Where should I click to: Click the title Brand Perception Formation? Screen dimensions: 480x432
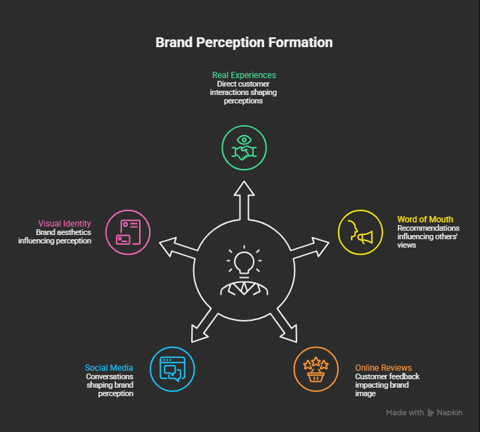(x=244, y=43)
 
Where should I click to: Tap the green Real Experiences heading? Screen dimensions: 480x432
(x=244, y=75)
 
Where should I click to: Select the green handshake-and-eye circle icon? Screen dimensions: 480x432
(x=244, y=148)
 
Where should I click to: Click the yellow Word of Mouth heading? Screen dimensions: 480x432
(x=425, y=220)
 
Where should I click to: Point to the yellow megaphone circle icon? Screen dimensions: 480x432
(x=361, y=232)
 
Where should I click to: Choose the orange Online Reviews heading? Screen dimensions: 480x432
(x=383, y=368)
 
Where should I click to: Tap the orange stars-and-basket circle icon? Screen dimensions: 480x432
(x=316, y=369)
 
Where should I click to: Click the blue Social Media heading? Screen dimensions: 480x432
(x=109, y=368)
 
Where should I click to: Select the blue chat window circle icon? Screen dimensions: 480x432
(x=172, y=369)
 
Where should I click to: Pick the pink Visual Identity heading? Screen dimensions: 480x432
(x=64, y=223)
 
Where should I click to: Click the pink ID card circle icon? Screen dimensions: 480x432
(x=128, y=232)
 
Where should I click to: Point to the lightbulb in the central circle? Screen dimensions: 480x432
(x=244, y=261)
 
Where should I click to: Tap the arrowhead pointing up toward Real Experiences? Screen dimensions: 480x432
(x=244, y=188)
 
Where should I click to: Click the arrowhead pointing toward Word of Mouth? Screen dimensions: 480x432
(x=320, y=246)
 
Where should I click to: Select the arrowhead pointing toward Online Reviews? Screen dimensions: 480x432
(x=290, y=334)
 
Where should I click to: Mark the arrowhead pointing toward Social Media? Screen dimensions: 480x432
(x=198, y=334)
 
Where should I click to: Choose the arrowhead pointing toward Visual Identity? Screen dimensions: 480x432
(x=168, y=246)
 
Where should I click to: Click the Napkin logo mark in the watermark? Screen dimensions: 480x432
(x=431, y=413)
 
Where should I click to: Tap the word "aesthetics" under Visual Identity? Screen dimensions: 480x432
(x=74, y=232)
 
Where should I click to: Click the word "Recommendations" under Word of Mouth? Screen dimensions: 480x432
(x=428, y=228)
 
